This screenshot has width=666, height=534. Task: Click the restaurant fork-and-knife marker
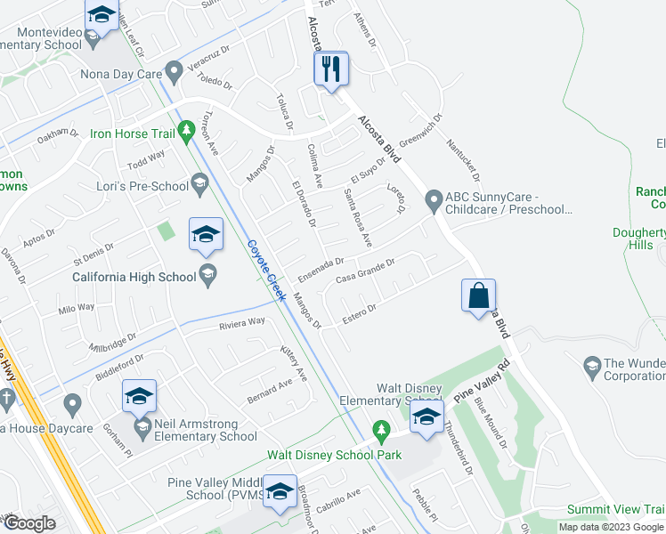(331, 69)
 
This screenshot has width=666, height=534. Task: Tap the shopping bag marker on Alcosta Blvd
(478, 295)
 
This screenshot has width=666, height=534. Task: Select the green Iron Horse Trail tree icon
(186, 133)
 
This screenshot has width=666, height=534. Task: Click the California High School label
(134, 276)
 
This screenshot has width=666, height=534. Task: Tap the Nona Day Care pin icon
(173, 69)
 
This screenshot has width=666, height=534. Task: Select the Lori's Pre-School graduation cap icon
(199, 185)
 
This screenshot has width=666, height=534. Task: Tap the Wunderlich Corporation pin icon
(591, 364)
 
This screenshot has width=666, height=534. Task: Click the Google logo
(30, 523)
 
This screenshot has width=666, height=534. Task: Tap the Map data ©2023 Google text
(610, 527)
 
